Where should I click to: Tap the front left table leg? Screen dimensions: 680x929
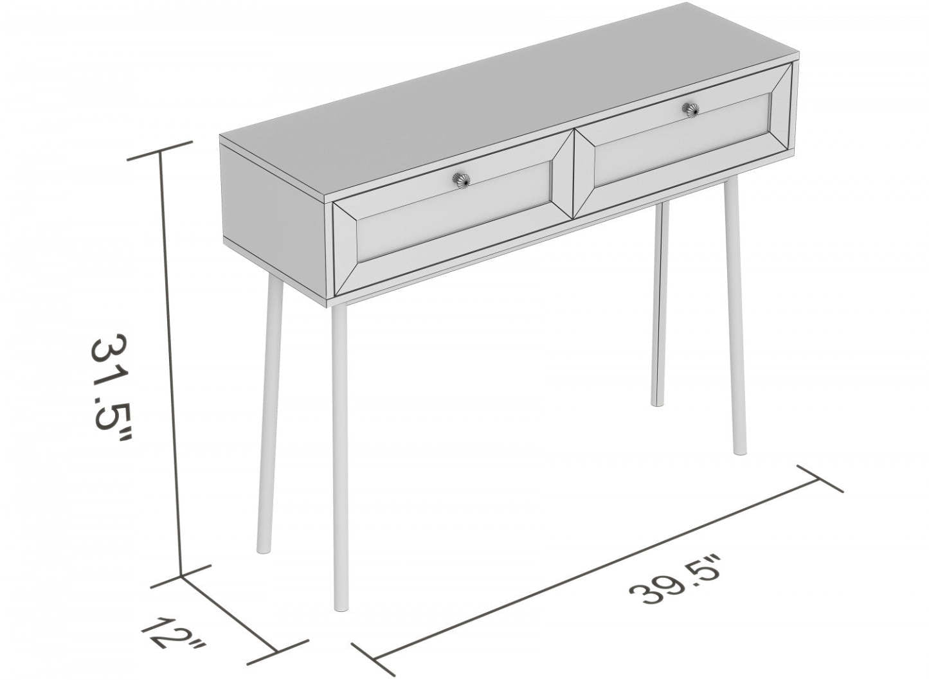(340, 450)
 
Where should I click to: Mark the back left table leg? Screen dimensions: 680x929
(268, 418)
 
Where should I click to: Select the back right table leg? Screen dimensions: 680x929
(658, 302)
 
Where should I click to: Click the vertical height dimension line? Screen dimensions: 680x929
(171, 360)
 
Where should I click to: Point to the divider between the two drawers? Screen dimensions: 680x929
(573, 174)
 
